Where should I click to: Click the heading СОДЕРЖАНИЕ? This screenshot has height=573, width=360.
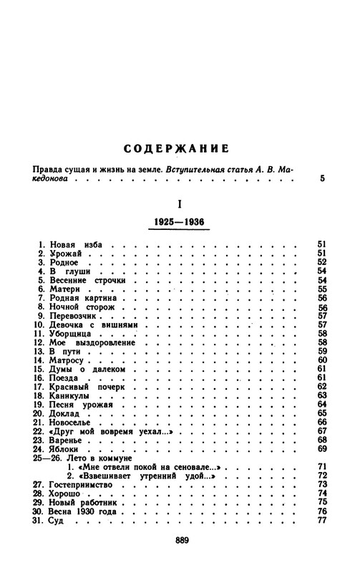coord(180,150)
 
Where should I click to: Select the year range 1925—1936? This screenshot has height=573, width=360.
coord(180,223)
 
